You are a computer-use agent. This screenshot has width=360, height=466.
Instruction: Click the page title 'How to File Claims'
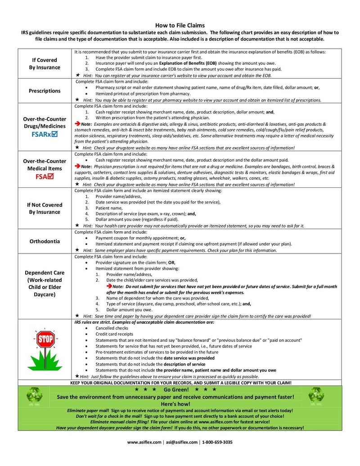[x=180, y=26]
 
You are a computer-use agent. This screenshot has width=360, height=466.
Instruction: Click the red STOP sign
[x=45, y=339]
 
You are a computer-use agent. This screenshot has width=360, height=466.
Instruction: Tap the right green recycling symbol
[x=316, y=396]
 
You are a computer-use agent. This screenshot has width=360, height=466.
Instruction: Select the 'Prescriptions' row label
[x=45, y=91]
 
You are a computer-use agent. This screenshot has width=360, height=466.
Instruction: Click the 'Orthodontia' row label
[x=45, y=241]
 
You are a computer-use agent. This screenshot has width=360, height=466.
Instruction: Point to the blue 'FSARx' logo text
[x=41, y=134]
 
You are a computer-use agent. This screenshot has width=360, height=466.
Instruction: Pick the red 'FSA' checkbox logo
[x=45, y=176]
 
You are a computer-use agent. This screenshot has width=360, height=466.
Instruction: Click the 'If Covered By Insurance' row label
[x=45, y=63]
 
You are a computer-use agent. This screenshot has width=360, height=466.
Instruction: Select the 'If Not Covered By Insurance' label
[x=45, y=208]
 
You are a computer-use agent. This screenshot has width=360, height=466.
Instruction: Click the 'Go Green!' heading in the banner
[x=176, y=389]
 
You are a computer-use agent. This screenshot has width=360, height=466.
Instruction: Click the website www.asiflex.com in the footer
[x=144, y=442]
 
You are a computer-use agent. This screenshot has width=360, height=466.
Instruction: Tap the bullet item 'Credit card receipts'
[x=114, y=334]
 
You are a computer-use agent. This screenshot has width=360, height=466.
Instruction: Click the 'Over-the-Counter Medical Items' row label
[x=45, y=165]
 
